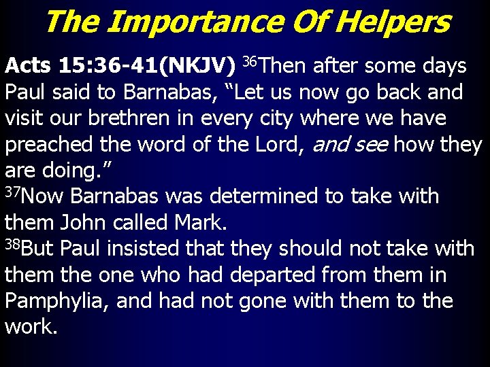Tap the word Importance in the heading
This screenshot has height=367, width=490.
point(193,22)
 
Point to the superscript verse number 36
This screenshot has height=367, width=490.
point(249,62)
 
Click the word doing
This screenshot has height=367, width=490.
point(74,171)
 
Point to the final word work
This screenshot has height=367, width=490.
point(31,327)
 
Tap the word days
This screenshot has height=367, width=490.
point(442,66)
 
